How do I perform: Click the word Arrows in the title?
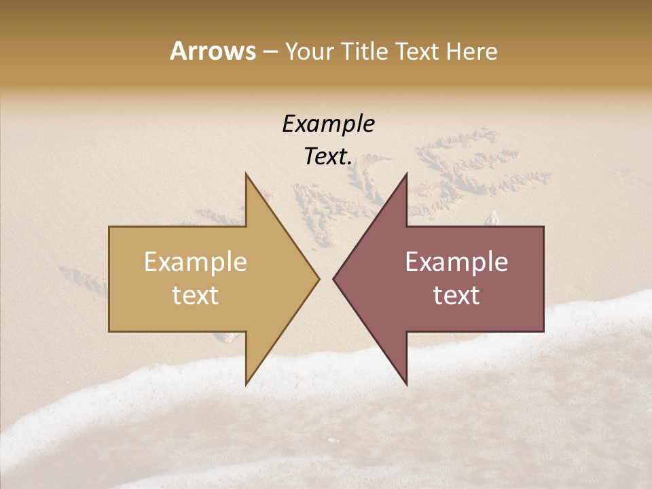tap(213, 52)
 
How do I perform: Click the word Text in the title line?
tap(419, 52)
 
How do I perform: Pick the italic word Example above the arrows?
tap(328, 124)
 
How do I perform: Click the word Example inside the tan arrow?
tap(196, 262)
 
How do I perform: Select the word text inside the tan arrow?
tap(196, 295)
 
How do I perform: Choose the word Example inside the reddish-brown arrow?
tap(456, 262)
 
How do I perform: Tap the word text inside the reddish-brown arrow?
tap(456, 295)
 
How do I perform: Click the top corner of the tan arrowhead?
tap(246, 175)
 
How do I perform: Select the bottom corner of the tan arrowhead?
tap(246, 384)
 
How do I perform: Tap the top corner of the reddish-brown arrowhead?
tap(406, 175)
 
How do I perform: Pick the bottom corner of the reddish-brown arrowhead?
tap(406, 384)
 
